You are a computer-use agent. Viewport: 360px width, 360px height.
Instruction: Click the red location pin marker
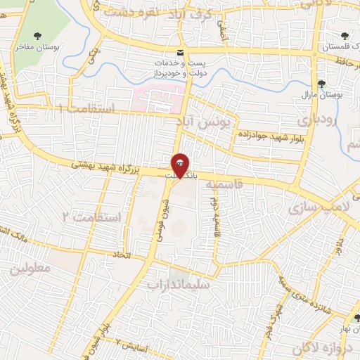click(x=181, y=166)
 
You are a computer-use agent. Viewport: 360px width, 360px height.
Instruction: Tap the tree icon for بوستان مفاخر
click(x=37, y=36)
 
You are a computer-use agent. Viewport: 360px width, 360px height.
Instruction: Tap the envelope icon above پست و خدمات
click(x=181, y=53)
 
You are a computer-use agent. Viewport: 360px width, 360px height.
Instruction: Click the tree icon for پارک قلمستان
click(x=345, y=37)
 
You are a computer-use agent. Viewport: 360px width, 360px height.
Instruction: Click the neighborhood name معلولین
click(x=32, y=269)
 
